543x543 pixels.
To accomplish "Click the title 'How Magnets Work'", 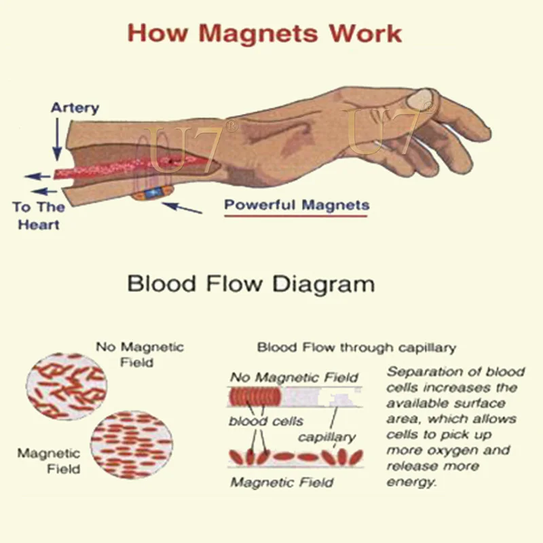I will (265, 33).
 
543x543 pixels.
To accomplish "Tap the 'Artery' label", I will (75, 107).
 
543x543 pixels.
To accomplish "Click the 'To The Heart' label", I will (39, 215).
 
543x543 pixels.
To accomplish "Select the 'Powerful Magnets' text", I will (297, 204).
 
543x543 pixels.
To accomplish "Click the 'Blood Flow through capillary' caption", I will (356, 348).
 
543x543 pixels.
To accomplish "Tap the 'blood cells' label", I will (265, 421).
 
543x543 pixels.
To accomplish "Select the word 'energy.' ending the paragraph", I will (411, 482).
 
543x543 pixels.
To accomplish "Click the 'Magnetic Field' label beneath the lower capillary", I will (282, 483).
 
